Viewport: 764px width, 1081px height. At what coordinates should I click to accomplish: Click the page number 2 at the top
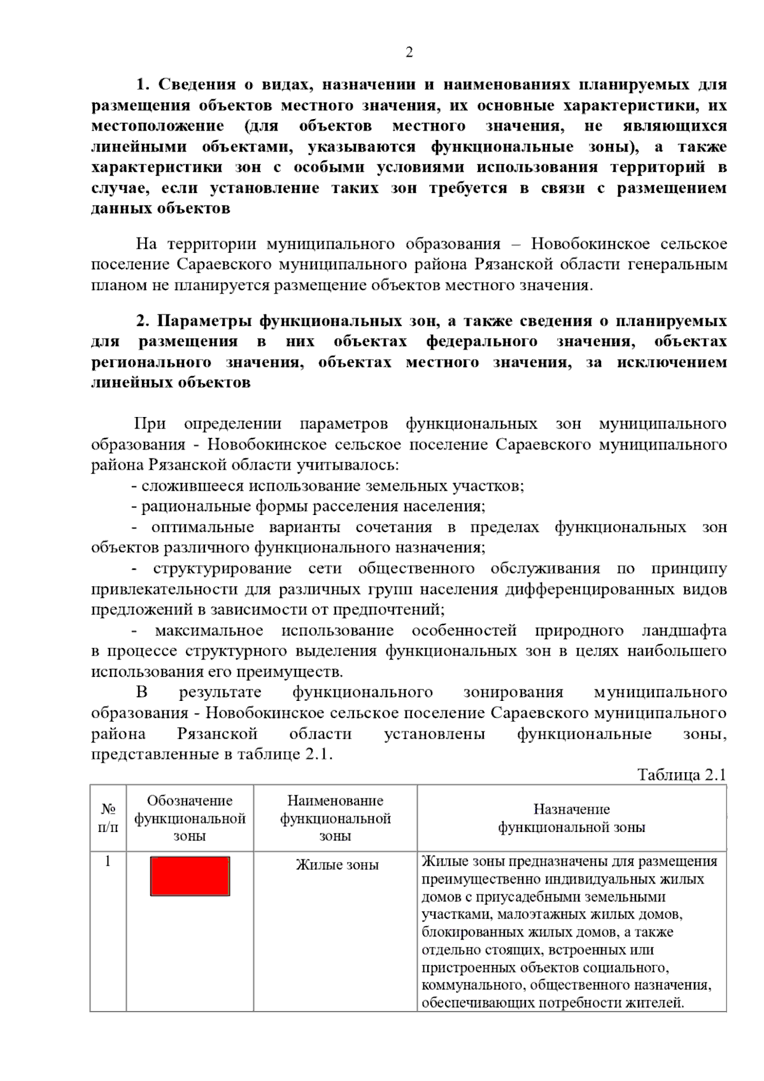409,53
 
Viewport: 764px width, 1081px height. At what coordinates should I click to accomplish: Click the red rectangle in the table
190,876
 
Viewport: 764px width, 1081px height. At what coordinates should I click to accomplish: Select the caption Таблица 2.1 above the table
681,775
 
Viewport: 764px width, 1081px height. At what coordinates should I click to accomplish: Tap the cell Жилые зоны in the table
337,865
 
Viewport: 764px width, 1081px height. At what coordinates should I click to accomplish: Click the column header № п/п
108,817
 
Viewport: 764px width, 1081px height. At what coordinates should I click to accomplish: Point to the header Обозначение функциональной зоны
190,818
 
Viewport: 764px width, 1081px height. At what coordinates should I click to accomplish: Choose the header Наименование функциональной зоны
336,818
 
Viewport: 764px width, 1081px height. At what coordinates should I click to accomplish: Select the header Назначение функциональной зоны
571,818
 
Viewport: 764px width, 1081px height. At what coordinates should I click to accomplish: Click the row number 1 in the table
108,861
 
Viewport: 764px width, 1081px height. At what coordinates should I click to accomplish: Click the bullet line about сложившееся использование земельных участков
328,486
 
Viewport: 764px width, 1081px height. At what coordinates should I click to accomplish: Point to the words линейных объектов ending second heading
171,383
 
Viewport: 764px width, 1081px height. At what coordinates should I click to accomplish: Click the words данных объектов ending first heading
160,209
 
